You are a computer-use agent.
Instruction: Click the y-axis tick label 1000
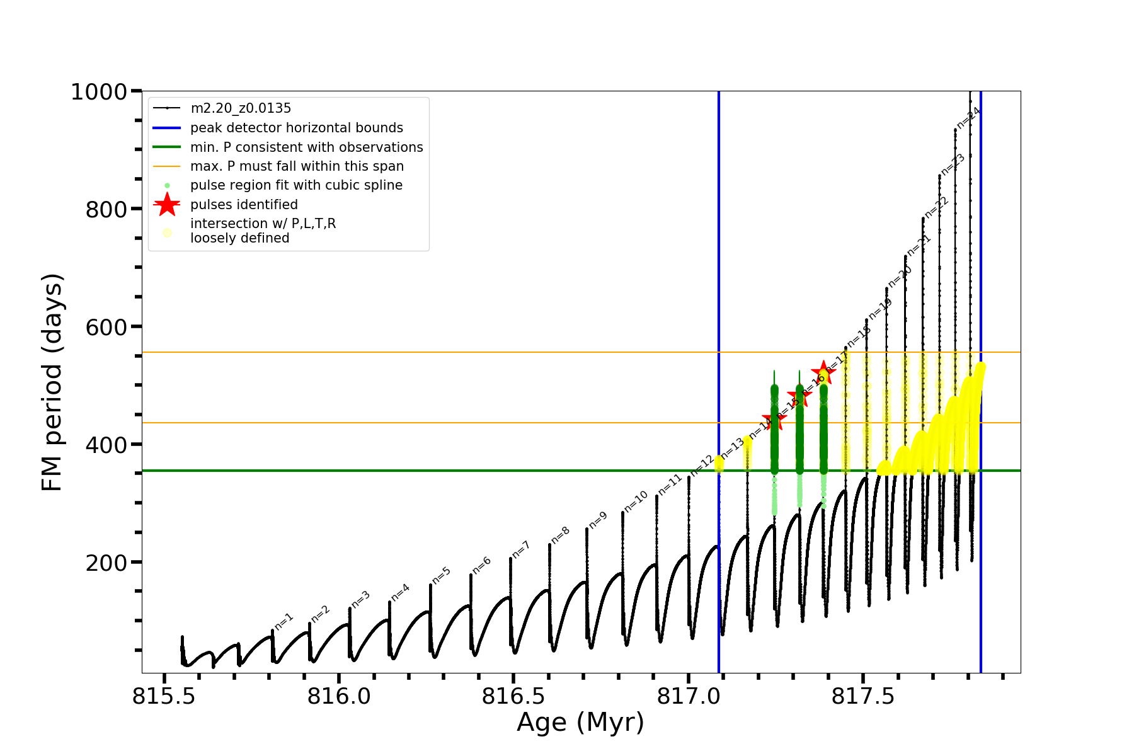(x=99, y=92)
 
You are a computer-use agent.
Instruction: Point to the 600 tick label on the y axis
(x=106, y=327)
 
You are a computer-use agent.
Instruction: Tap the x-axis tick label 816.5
(x=513, y=696)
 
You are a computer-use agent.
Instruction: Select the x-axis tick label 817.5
(x=862, y=696)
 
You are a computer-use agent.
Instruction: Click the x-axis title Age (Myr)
(x=580, y=722)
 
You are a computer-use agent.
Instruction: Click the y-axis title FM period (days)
(x=52, y=382)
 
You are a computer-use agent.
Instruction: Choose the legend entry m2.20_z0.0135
(x=241, y=108)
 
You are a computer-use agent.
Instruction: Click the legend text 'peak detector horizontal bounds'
(x=296, y=128)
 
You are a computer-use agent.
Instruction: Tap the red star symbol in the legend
(x=167, y=205)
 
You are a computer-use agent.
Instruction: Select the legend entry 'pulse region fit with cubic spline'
(x=296, y=185)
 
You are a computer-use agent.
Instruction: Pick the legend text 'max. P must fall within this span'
(x=297, y=166)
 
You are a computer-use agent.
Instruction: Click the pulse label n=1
(x=283, y=621)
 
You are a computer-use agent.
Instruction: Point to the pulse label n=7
(x=521, y=549)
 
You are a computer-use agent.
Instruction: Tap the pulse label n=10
(x=636, y=501)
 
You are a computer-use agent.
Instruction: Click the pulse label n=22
(x=936, y=207)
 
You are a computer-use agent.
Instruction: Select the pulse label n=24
(x=969, y=117)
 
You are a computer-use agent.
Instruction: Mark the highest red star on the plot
(x=823, y=372)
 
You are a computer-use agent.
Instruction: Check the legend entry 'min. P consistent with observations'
(x=306, y=147)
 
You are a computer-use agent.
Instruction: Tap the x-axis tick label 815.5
(x=163, y=696)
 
